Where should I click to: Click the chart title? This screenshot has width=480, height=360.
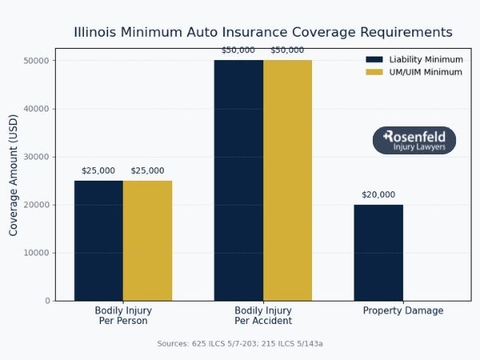(x=262, y=33)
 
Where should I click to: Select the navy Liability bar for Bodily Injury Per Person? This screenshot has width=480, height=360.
(x=98, y=240)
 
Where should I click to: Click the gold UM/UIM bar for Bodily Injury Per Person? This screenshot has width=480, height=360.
(x=147, y=240)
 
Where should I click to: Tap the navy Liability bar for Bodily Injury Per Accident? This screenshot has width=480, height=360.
(x=238, y=180)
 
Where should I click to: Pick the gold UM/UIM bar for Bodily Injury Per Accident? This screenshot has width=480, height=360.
(x=287, y=180)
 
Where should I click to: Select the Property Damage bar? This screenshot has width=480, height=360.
(x=378, y=252)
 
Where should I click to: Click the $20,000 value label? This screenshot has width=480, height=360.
(x=378, y=194)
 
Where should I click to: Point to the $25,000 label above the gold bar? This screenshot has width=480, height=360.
(x=147, y=170)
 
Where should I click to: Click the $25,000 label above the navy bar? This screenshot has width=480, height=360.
(x=98, y=170)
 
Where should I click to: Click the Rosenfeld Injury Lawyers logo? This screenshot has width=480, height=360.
(x=414, y=141)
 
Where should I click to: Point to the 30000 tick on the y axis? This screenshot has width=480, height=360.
(x=38, y=157)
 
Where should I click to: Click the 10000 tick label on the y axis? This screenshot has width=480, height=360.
(x=38, y=253)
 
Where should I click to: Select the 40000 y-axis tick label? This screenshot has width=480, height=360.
(x=38, y=109)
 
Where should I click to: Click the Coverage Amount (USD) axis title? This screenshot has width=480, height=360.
(x=14, y=180)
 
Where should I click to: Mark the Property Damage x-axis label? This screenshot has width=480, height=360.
(x=402, y=310)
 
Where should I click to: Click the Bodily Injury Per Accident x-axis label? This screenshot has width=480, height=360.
(x=263, y=315)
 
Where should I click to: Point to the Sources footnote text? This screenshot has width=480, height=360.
(x=240, y=343)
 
